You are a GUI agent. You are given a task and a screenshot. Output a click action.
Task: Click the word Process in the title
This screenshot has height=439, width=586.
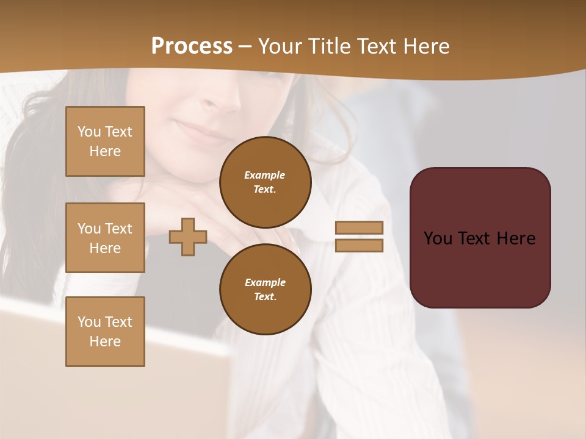point(192,46)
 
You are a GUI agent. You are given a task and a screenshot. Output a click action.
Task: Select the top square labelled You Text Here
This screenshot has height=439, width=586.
point(105,141)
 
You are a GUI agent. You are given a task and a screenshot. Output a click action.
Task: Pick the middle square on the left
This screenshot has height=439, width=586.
point(105,238)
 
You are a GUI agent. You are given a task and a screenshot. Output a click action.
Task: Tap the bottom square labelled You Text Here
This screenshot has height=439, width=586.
point(105,332)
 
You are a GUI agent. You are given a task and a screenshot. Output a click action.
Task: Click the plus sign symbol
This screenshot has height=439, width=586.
point(188,237)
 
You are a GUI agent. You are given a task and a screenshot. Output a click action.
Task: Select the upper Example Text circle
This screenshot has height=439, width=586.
point(265,182)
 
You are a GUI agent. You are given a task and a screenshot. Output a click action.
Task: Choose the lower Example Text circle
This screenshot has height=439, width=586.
point(265,290)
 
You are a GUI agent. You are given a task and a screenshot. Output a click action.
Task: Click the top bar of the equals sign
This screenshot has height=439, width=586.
point(359,227)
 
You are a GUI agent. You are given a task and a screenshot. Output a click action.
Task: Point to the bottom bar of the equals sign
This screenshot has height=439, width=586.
point(359,246)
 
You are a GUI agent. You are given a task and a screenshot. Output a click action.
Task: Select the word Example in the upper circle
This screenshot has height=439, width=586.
point(265,175)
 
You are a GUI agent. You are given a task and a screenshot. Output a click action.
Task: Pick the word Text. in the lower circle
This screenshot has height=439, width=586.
point(265,297)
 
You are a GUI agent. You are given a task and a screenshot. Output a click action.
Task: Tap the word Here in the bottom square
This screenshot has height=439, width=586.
point(105,341)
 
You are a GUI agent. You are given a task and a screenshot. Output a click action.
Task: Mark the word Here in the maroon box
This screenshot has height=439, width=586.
point(516,238)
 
